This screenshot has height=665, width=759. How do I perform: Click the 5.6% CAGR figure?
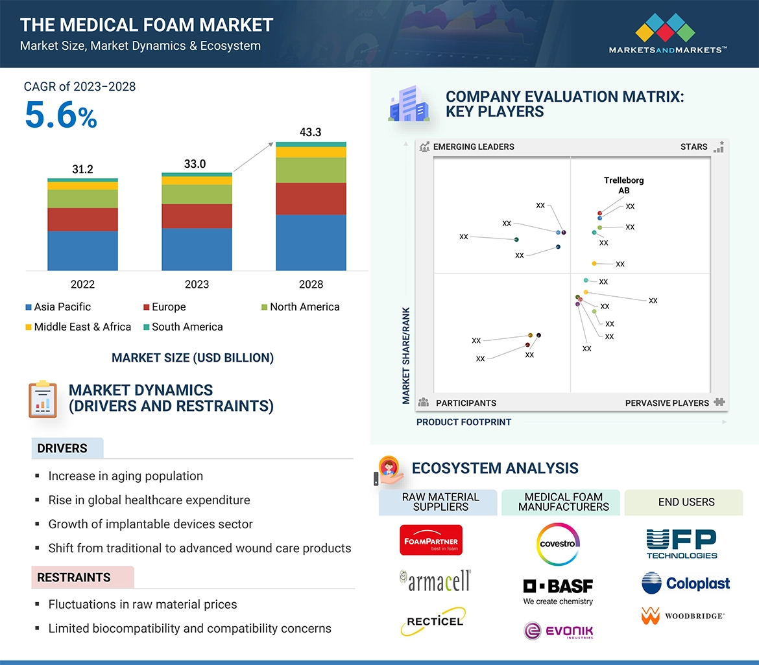(x=61, y=115)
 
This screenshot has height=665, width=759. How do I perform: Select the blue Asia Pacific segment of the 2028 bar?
(x=311, y=242)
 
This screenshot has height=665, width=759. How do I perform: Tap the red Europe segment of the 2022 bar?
(x=82, y=219)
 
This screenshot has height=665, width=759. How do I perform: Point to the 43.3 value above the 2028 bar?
(x=310, y=132)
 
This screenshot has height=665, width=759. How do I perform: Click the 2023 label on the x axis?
(x=197, y=284)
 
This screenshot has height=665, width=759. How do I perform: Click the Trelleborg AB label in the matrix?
(x=623, y=185)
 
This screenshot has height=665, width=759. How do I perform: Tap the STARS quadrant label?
(x=694, y=147)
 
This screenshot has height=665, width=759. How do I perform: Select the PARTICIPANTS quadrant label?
(x=465, y=403)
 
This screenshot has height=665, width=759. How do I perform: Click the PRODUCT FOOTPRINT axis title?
(x=463, y=422)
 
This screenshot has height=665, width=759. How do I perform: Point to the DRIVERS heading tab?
(x=62, y=449)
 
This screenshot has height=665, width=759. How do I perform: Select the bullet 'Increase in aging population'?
(x=125, y=476)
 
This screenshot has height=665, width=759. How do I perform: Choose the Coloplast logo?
(x=686, y=583)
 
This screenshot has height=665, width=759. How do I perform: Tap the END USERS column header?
(x=686, y=502)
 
